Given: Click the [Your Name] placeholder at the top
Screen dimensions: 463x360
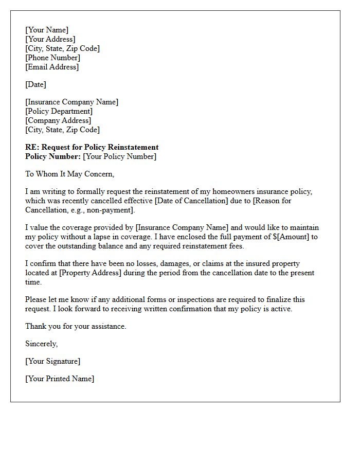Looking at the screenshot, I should pos(47,30).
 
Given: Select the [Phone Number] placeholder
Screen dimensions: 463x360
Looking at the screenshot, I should pos(53,58).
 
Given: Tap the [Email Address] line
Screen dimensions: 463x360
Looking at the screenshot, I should pos(52,67).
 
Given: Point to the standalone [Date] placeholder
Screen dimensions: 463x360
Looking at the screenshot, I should pos(35,84).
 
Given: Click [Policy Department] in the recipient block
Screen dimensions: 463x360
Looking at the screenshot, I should pos(59,111).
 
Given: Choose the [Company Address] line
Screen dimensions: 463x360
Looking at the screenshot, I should pos(58,120).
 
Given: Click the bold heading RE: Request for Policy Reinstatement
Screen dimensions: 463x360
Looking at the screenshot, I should pos(92,147).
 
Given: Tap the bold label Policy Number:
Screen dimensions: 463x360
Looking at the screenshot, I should pos(53,156).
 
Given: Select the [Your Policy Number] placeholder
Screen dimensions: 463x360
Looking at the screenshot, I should pos(120,156).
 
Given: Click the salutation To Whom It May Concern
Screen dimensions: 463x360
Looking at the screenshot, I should pos(69,174).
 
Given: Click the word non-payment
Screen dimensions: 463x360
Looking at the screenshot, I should pos(115,210).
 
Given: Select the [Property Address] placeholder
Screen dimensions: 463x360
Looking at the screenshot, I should pos(91,273).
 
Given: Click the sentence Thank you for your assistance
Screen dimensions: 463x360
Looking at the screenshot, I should pos(76,326).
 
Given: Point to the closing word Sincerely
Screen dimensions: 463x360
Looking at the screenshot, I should pos(42,344).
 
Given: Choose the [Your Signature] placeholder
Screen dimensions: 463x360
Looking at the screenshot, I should pos(53,361).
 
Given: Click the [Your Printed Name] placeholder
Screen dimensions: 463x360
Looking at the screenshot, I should pos(60,379).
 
